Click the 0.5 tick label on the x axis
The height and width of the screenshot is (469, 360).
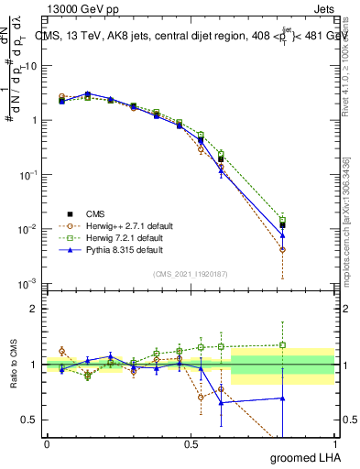click(x=191, y=443)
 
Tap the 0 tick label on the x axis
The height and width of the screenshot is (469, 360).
click(x=47, y=443)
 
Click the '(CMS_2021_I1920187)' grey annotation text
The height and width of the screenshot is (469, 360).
click(x=191, y=272)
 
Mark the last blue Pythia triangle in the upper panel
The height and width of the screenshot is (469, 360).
click(x=282, y=235)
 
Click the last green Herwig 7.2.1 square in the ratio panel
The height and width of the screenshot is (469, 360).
click(x=282, y=345)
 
